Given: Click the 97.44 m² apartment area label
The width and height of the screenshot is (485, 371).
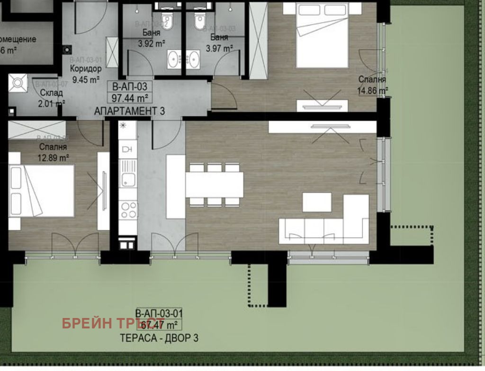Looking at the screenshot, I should (x=129, y=98).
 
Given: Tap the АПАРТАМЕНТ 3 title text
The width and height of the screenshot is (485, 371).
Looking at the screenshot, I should (x=129, y=111).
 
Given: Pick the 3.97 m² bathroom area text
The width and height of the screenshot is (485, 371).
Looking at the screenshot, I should (x=219, y=48).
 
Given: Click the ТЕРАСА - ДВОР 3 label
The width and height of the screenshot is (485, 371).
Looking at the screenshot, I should (x=158, y=338).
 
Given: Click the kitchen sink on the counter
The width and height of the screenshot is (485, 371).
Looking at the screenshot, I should (x=127, y=179).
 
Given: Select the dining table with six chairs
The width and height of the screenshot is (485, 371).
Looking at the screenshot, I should (x=214, y=185).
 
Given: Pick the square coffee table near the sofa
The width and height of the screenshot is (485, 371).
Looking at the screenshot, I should (x=316, y=202).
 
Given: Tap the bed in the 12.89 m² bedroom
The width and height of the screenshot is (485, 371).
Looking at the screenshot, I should (x=42, y=190).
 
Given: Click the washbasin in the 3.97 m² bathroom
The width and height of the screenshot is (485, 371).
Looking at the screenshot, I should (x=194, y=59).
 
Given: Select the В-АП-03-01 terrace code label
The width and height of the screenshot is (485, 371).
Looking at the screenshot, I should (x=159, y=313).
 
